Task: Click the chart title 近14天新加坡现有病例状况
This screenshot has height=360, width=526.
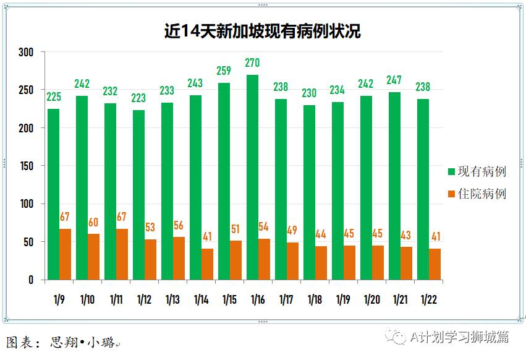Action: (263, 31)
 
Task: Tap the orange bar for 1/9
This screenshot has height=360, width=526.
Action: (65, 254)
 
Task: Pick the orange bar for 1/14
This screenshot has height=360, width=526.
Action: (207, 264)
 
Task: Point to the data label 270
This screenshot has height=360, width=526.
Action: (252, 63)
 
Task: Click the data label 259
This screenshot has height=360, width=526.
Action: (224, 71)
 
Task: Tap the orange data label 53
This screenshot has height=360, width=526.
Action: (150, 228)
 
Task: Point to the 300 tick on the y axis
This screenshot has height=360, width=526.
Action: (25, 53)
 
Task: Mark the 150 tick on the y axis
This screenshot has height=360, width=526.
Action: (25, 166)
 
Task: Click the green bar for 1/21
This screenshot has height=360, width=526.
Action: (394, 186)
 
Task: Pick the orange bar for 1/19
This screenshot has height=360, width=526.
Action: (349, 263)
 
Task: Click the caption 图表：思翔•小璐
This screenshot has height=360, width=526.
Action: (61, 342)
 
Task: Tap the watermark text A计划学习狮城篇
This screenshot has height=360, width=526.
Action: (459, 337)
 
